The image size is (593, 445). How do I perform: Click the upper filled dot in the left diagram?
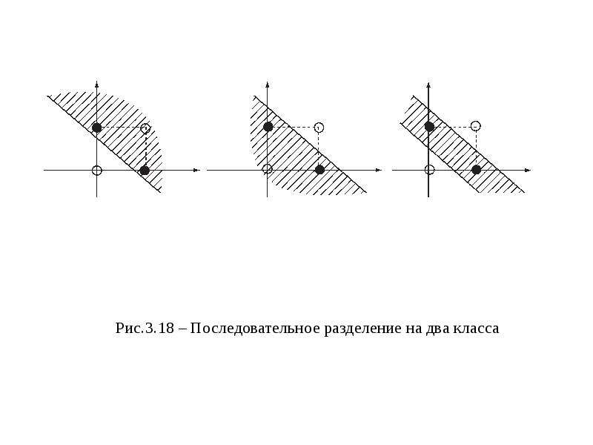[97, 128]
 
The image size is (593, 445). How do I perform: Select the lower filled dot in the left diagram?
[145, 171]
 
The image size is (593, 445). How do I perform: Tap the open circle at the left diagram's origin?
[97, 171]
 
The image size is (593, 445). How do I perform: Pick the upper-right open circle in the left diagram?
[145, 128]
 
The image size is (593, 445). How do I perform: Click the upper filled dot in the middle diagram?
[268, 127]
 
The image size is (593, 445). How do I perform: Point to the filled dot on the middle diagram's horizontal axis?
[320, 170]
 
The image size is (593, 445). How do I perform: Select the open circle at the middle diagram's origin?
[268, 169]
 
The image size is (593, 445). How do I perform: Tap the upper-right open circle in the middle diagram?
[319, 127]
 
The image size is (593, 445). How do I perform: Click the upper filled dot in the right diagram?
[429, 126]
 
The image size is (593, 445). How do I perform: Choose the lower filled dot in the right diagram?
[477, 170]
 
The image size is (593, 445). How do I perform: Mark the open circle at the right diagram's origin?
[430, 170]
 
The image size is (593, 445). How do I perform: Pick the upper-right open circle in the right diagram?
[476, 125]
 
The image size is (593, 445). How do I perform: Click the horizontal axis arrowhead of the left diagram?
[196, 171]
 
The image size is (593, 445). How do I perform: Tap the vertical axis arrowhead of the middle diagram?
[268, 84]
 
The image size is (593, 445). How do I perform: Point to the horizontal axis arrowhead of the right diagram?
[528, 171]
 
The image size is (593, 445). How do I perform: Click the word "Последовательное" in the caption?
[255, 328]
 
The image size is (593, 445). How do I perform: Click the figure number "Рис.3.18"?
[145, 329]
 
